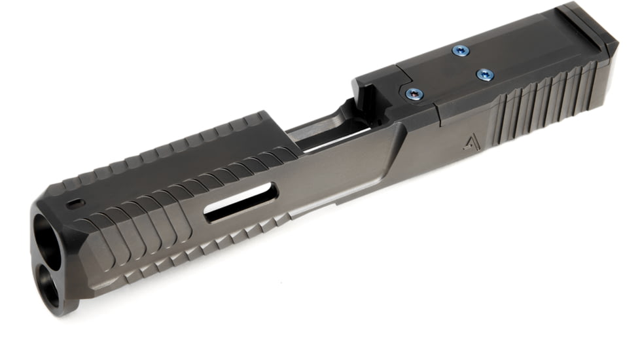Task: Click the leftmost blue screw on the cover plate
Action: (x=414, y=94)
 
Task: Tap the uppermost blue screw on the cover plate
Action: (x=460, y=50)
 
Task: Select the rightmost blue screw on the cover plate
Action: (x=484, y=75)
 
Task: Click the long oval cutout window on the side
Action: (x=240, y=202)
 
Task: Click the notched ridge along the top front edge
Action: (x=170, y=147)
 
